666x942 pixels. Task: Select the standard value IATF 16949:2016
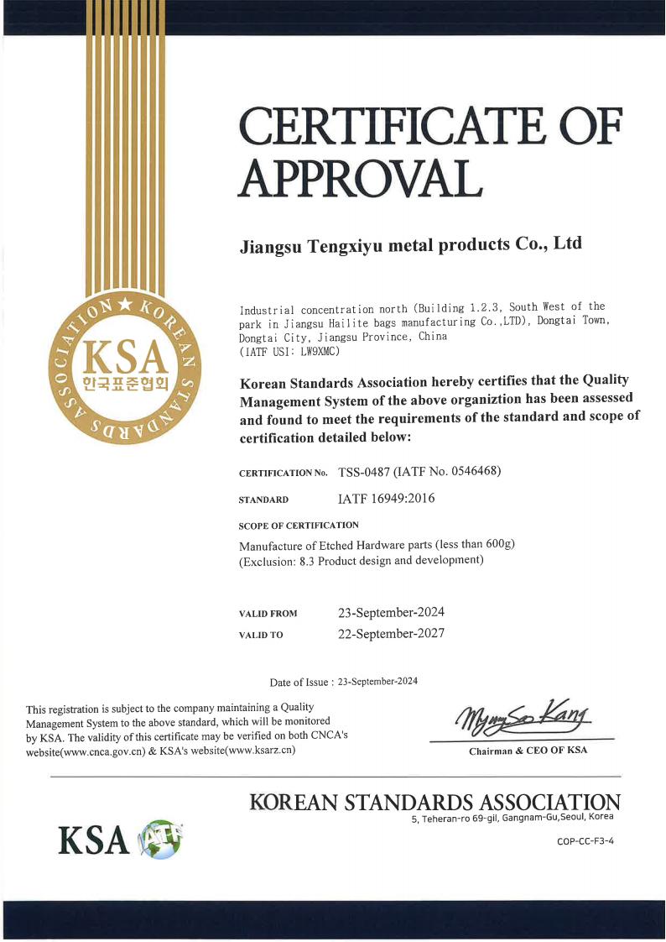[x=386, y=499]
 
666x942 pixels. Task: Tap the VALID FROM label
[x=268, y=614]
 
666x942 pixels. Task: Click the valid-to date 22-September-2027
[x=390, y=634]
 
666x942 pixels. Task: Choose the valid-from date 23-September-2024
[x=390, y=612]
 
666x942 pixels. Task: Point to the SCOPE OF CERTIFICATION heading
[x=299, y=526]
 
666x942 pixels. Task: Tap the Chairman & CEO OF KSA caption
[x=528, y=751]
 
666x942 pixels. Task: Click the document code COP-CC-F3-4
[x=585, y=841]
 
